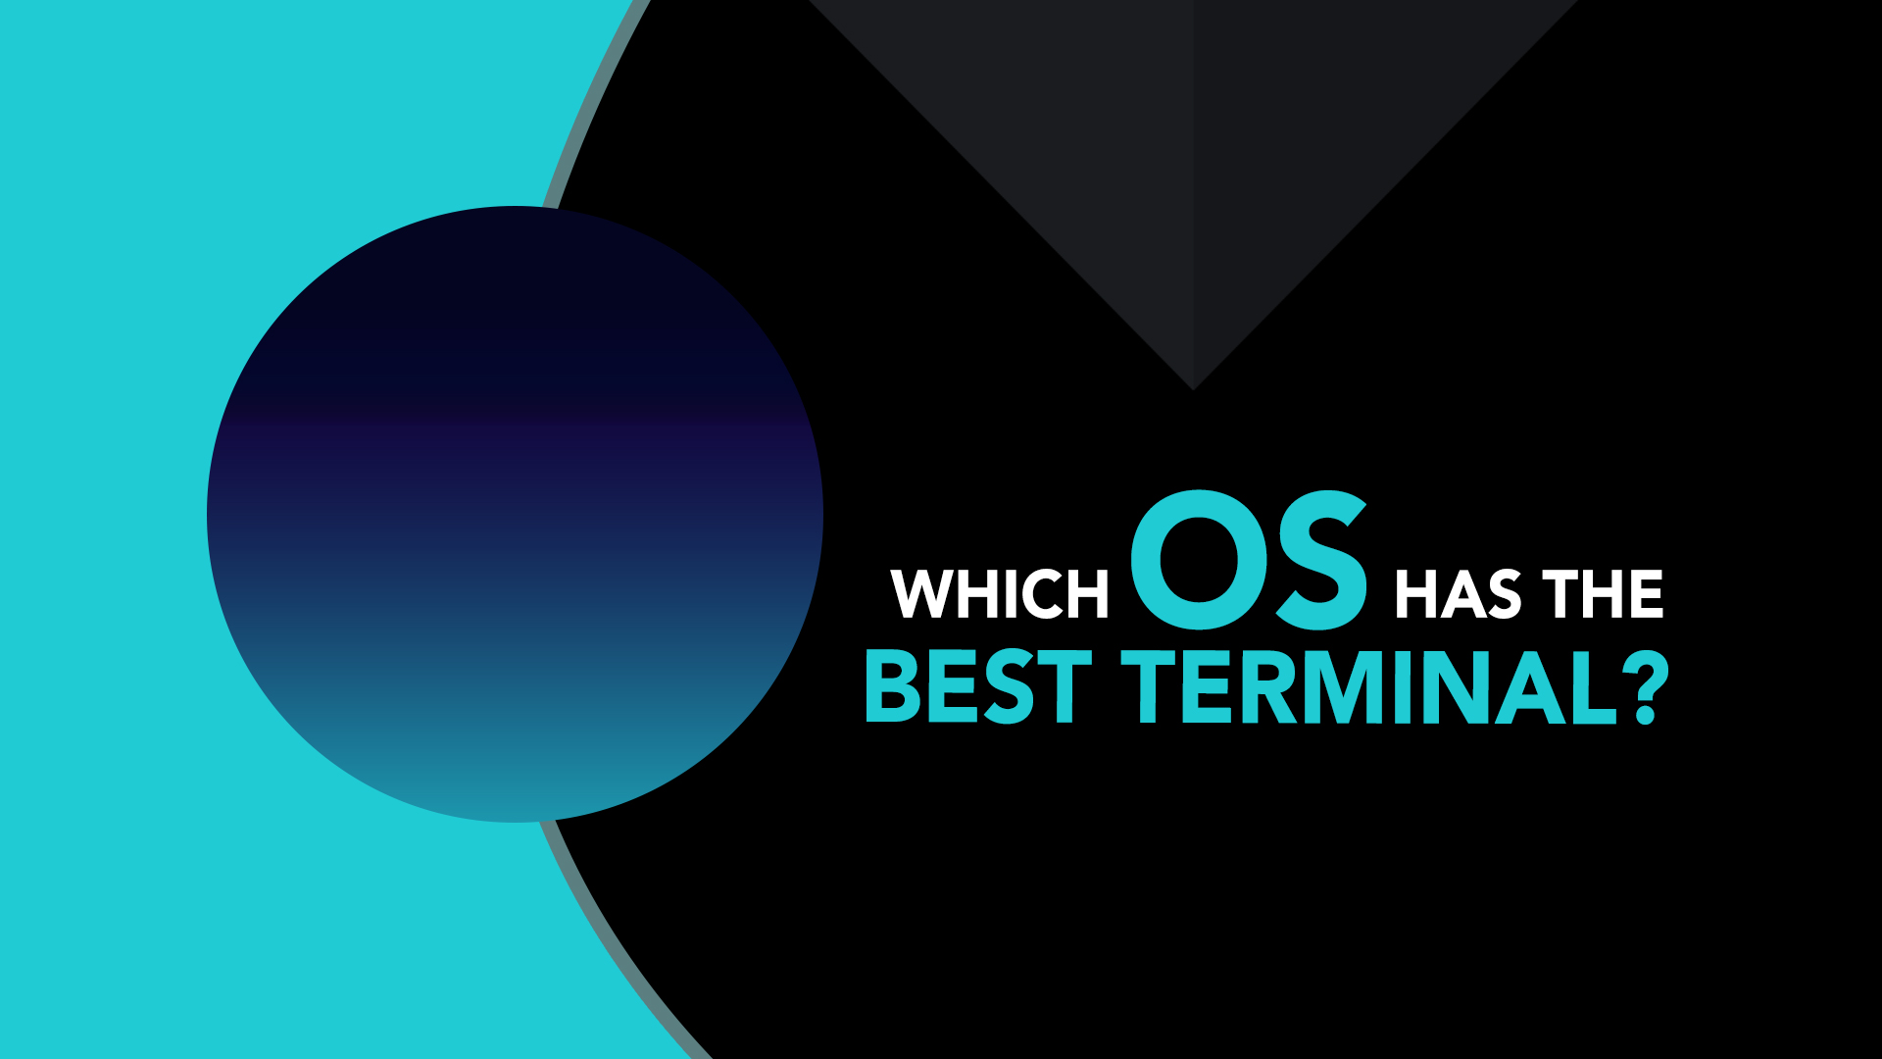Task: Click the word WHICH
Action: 1000,593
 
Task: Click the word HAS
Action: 1459,593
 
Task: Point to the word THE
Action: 1604,593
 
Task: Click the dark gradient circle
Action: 515,514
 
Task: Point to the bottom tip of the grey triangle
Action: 1193,390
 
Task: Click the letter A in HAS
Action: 1458,593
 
